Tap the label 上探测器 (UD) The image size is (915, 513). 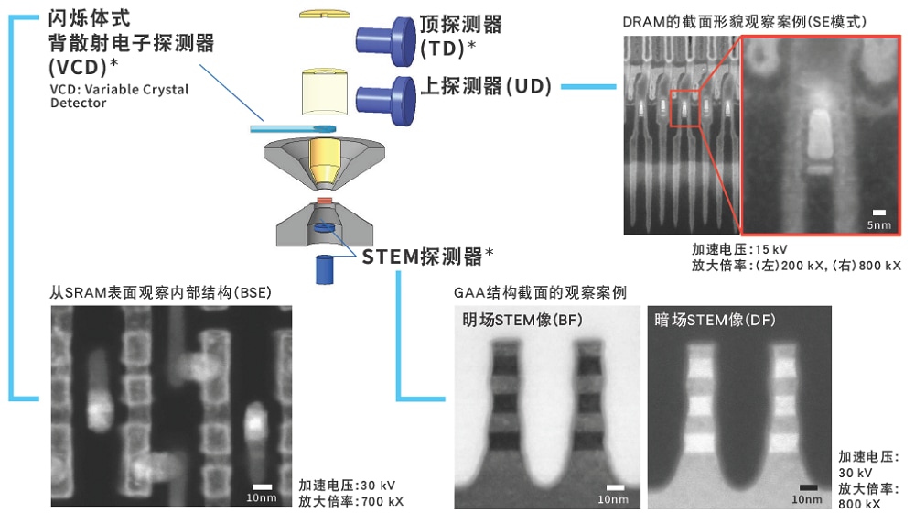(x=485, y=86)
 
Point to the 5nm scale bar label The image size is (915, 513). (x=878, y=223)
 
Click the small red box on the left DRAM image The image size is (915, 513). (x=684, y=109)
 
